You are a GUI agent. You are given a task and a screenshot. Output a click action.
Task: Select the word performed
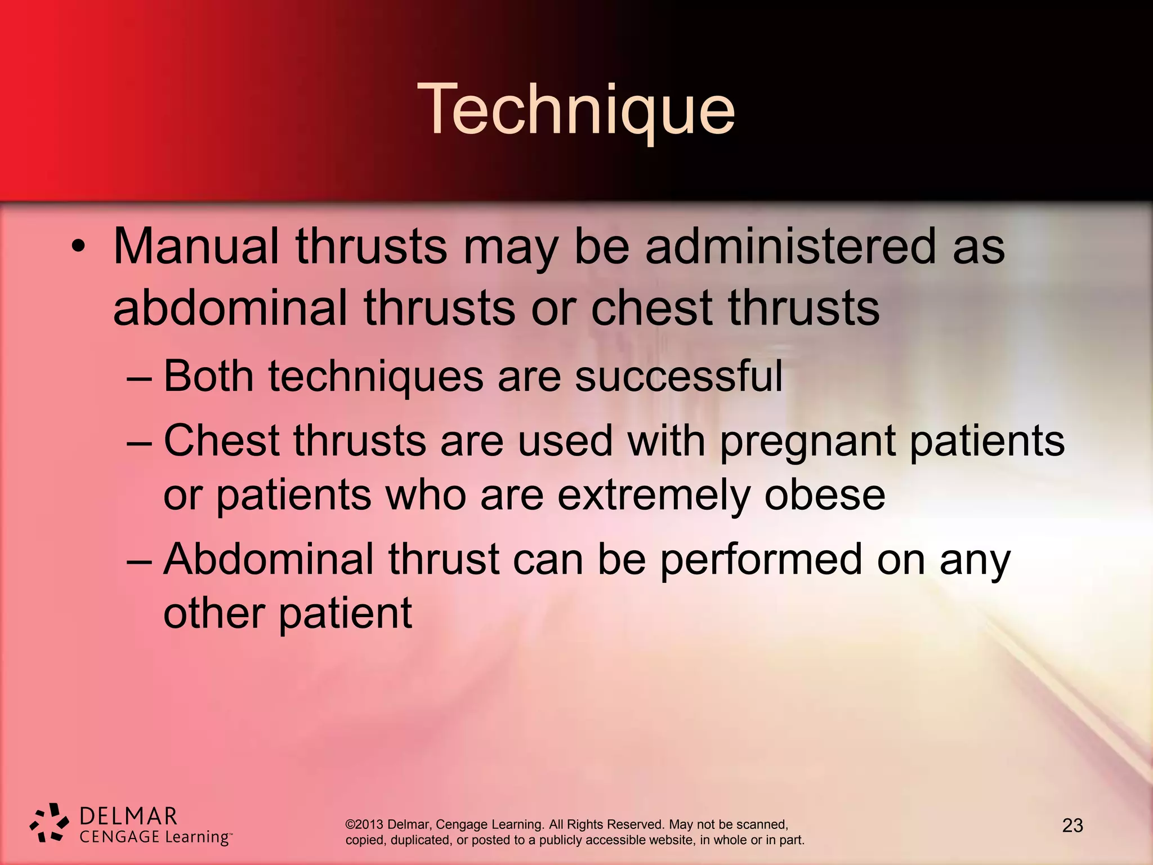point(761,560)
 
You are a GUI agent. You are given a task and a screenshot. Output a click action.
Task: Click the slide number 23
point(1072,826)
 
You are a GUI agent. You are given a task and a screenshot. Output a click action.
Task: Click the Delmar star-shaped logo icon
point(49,823)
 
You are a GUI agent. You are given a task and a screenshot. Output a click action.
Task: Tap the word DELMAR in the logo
point(128,816)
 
